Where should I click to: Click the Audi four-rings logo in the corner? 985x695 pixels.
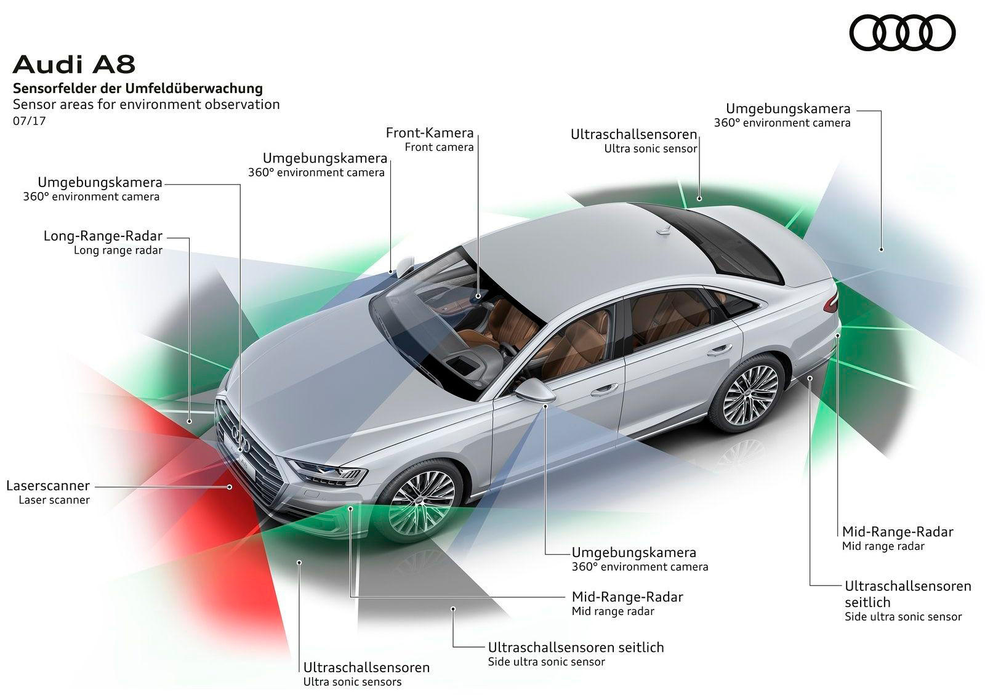pyautogui.click(x=903, y=33)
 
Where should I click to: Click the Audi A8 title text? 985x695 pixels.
pyautogui.click(x=74, y=65)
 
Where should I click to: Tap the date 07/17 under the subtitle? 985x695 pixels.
pyautogui.click(x=29, y=121)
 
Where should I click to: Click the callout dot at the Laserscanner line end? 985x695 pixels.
pyautogui.click(x=230, y=487)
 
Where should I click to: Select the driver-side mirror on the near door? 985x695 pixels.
pyautogui.click(x=535, y=390)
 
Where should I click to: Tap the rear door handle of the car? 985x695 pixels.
pyautogui.click(x=720, y=350)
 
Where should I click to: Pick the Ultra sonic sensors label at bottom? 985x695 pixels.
pyautogui.click(x=352, y=682)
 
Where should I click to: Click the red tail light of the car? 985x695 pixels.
pyautogui.click(x=832, y=300)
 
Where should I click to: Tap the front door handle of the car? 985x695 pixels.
pyautogui.click(x=605, y=390)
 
